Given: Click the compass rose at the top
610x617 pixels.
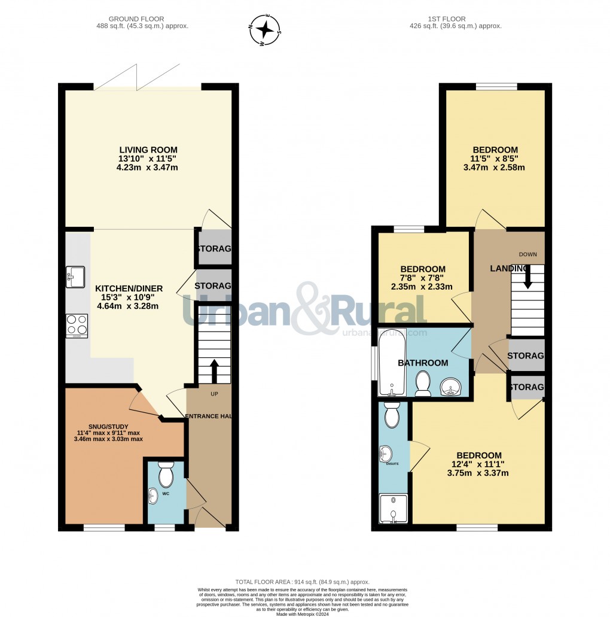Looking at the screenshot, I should click(x=267, y=30).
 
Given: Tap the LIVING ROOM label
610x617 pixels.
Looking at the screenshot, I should click(x=148, y=150).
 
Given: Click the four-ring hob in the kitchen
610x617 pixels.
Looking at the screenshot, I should click(x=77, y=326).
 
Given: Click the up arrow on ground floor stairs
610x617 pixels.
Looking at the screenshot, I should click(x=214, y=370).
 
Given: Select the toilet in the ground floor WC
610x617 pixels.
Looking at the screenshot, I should click(x=164, y=475).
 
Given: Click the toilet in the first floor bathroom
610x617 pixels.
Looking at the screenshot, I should click(x=423, y=383).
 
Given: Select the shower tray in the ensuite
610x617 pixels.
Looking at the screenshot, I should click(x=393, y=509).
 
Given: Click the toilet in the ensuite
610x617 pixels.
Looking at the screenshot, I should click(x=392, y=415).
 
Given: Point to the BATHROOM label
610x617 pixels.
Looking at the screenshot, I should click(x=423, y=363).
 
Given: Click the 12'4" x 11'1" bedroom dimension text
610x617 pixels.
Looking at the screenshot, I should click(x=477, y=464).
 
